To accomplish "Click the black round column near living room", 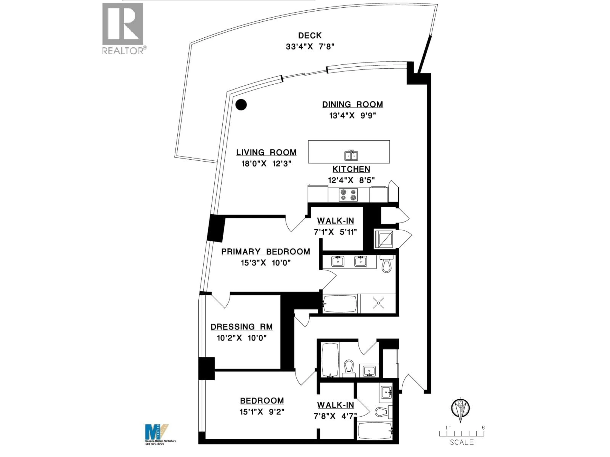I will point(241,105).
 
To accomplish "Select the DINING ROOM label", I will point(352,104).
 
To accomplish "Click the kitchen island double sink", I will point(351,156).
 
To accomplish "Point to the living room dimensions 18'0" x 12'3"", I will point(266,164).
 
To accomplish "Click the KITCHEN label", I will point(351,169).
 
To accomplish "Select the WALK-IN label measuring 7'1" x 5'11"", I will point(335,221).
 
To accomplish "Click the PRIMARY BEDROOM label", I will point(266,252).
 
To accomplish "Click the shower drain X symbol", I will point(378,303).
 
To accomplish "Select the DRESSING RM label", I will point(242,327).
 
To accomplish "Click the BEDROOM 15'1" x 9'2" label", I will point(262,401).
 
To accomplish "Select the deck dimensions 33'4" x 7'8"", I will point(310,46).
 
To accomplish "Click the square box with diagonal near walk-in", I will point(386,238).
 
